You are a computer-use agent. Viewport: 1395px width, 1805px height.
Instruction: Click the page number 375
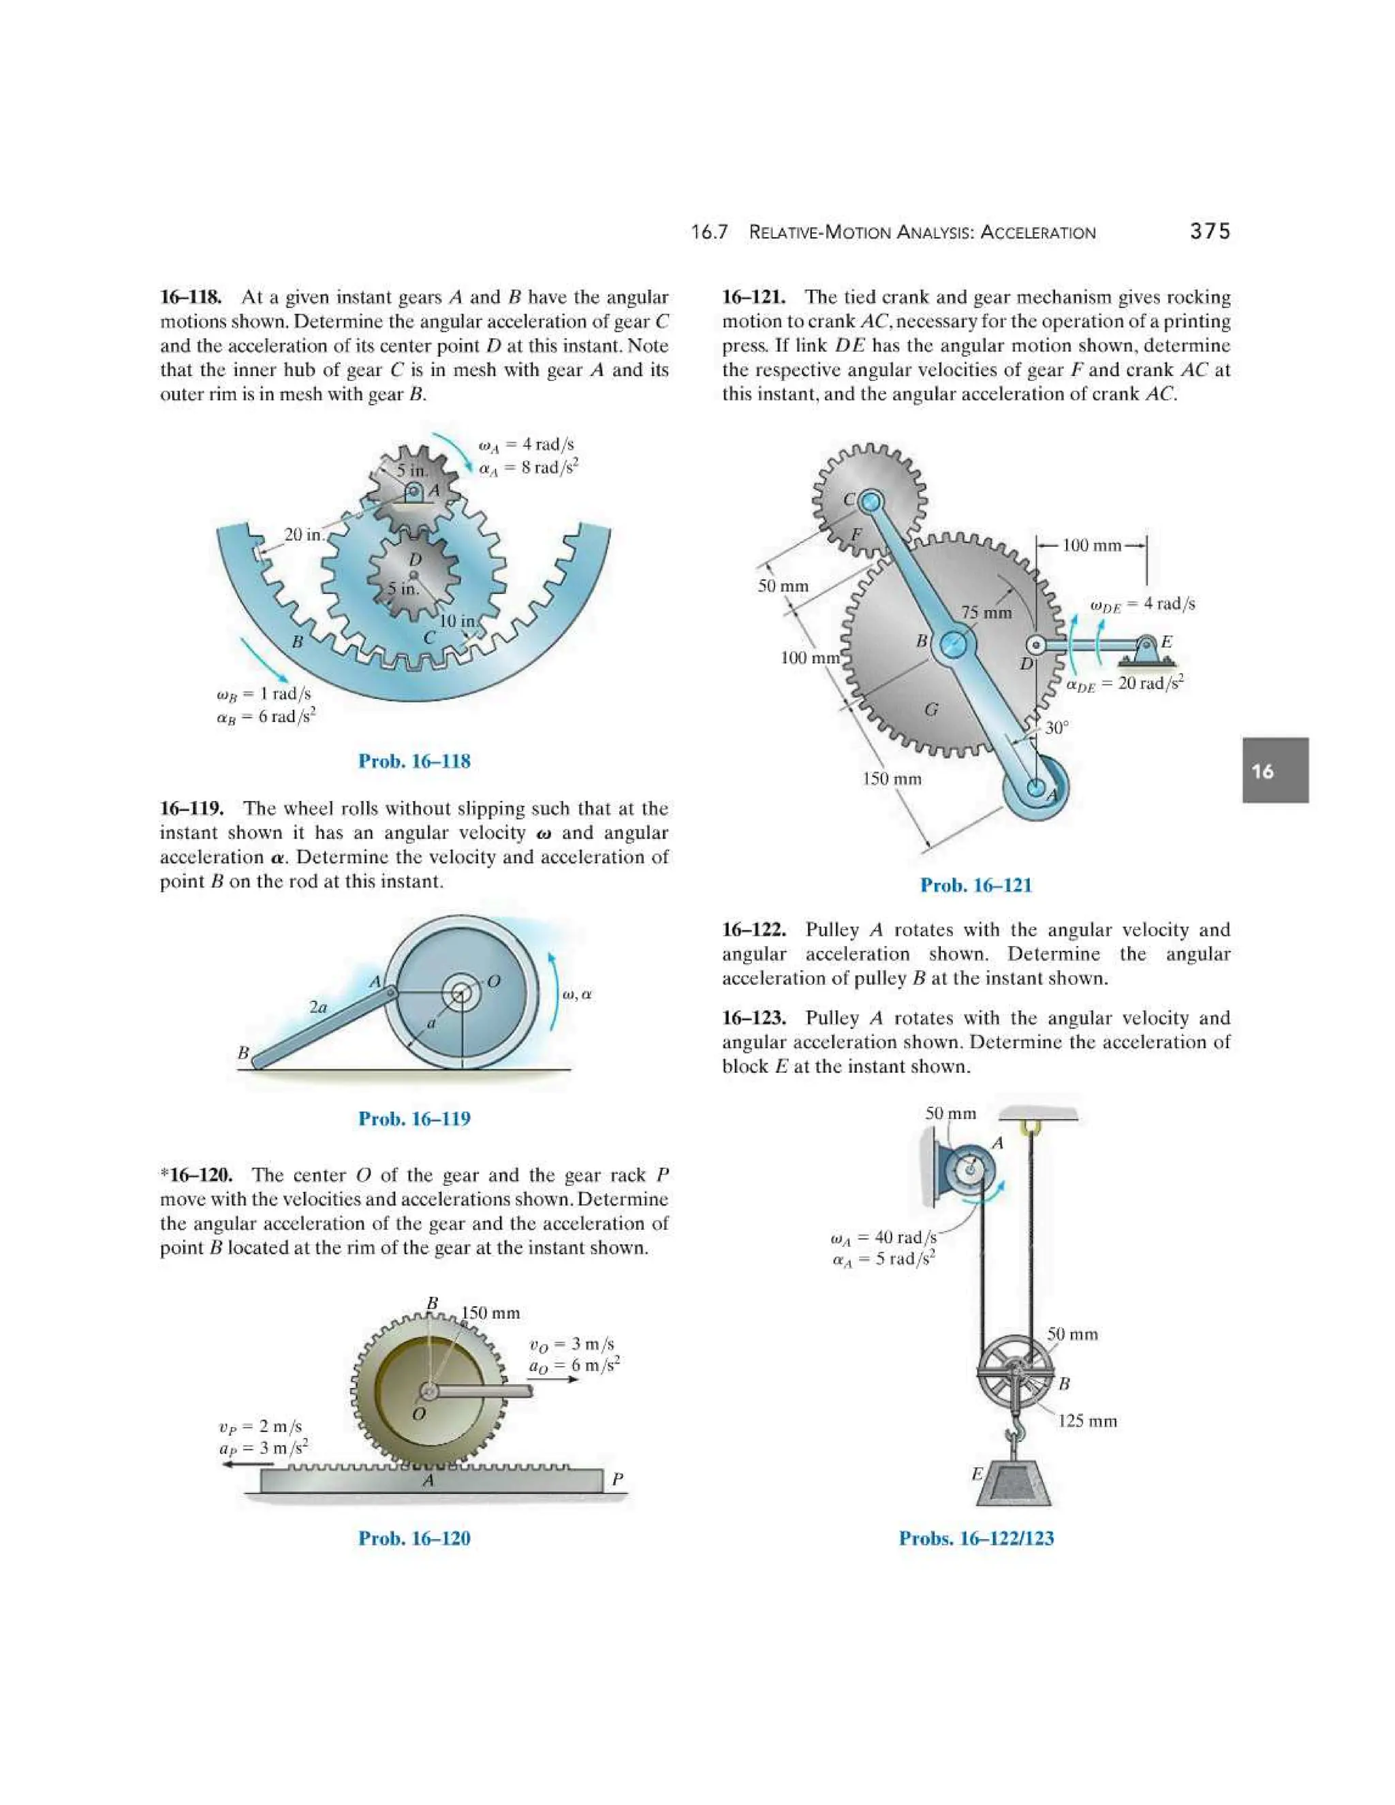pos(1209,232)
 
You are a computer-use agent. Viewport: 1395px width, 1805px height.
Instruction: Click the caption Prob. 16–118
pos(414,762)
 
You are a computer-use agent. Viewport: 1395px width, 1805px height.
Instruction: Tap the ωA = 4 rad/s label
pos(527,445)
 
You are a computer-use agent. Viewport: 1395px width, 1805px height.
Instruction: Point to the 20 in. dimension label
pos(303,535)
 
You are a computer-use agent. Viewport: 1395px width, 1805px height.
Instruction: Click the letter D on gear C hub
pos(416,559)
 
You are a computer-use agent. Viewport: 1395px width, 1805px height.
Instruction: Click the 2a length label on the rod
pos(318,1007)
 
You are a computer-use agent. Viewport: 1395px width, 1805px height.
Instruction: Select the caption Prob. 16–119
pos(414,1119)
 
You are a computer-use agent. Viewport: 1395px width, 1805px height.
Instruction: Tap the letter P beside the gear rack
pos(616,1479)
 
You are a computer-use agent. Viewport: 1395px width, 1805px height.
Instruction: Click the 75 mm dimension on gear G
pos(986,612)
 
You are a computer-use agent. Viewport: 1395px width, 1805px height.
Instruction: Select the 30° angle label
pos(1056,728)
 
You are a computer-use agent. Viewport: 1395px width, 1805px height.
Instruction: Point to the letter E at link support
pos(1166,642)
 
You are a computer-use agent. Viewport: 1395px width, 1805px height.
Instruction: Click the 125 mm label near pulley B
pos(1086,1421)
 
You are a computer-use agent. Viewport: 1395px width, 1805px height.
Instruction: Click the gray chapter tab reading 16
pos(1274,770)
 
